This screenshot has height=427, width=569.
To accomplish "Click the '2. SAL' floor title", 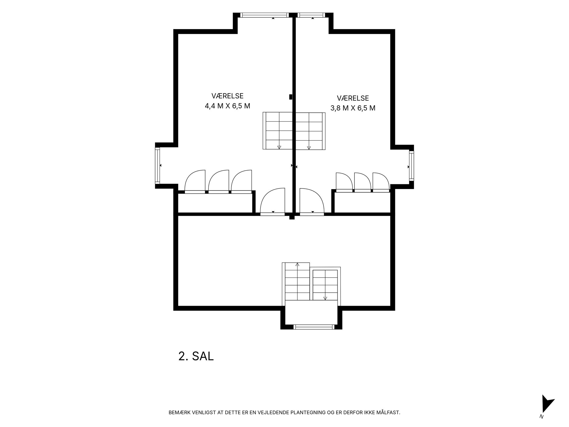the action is (x=196, y=356).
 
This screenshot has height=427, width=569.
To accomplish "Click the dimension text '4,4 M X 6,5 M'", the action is (x=228, y=106).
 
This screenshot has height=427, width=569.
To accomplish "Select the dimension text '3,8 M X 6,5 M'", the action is (x=353, y=108).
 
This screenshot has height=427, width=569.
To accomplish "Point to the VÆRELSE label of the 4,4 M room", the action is (x=228, y=96).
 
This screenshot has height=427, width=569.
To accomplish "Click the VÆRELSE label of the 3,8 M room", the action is (x=353, y=98).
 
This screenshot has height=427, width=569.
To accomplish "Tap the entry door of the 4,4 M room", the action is (x=273, y=201).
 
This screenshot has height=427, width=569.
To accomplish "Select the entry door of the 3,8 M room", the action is (x=312, y=201).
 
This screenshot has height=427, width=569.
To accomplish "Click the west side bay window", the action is (x=157, y=166).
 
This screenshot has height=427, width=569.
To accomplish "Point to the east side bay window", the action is (x=411, y=166).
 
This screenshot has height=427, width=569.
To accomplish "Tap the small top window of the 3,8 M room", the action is (x=311, y=15).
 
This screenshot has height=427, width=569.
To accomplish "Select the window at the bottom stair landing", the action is (x=314, y=327).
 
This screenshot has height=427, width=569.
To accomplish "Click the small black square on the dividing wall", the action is (x=291, y=97).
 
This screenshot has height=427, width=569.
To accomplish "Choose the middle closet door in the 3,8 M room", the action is (x=362, y=182).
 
